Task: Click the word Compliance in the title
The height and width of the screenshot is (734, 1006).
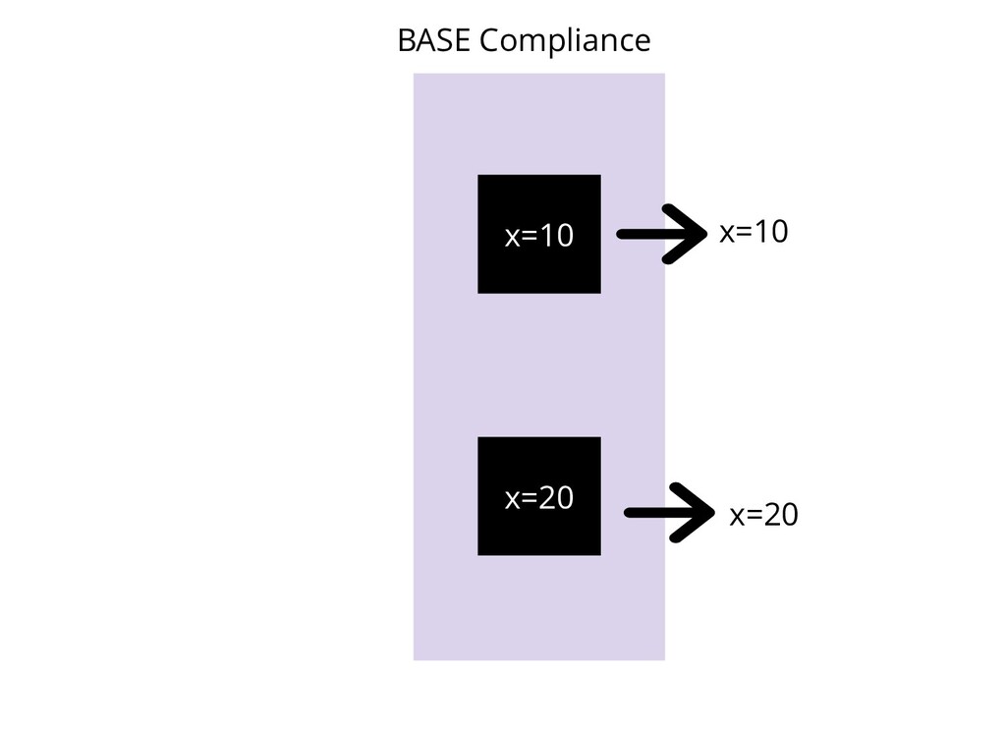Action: (565, 42)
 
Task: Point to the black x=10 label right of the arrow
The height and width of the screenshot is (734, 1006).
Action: (754, 232)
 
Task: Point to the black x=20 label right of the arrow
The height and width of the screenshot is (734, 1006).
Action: (763, 514)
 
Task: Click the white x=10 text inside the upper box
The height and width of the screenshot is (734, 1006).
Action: (538, 236)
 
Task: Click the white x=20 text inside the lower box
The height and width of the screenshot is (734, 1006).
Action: (538, 498)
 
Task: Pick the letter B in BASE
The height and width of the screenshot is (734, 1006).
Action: (405, 41)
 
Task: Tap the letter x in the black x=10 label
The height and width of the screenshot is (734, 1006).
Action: (727, 233)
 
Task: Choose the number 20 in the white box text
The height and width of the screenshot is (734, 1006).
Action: (556, 498)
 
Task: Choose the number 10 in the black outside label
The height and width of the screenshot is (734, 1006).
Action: (771, 232)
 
